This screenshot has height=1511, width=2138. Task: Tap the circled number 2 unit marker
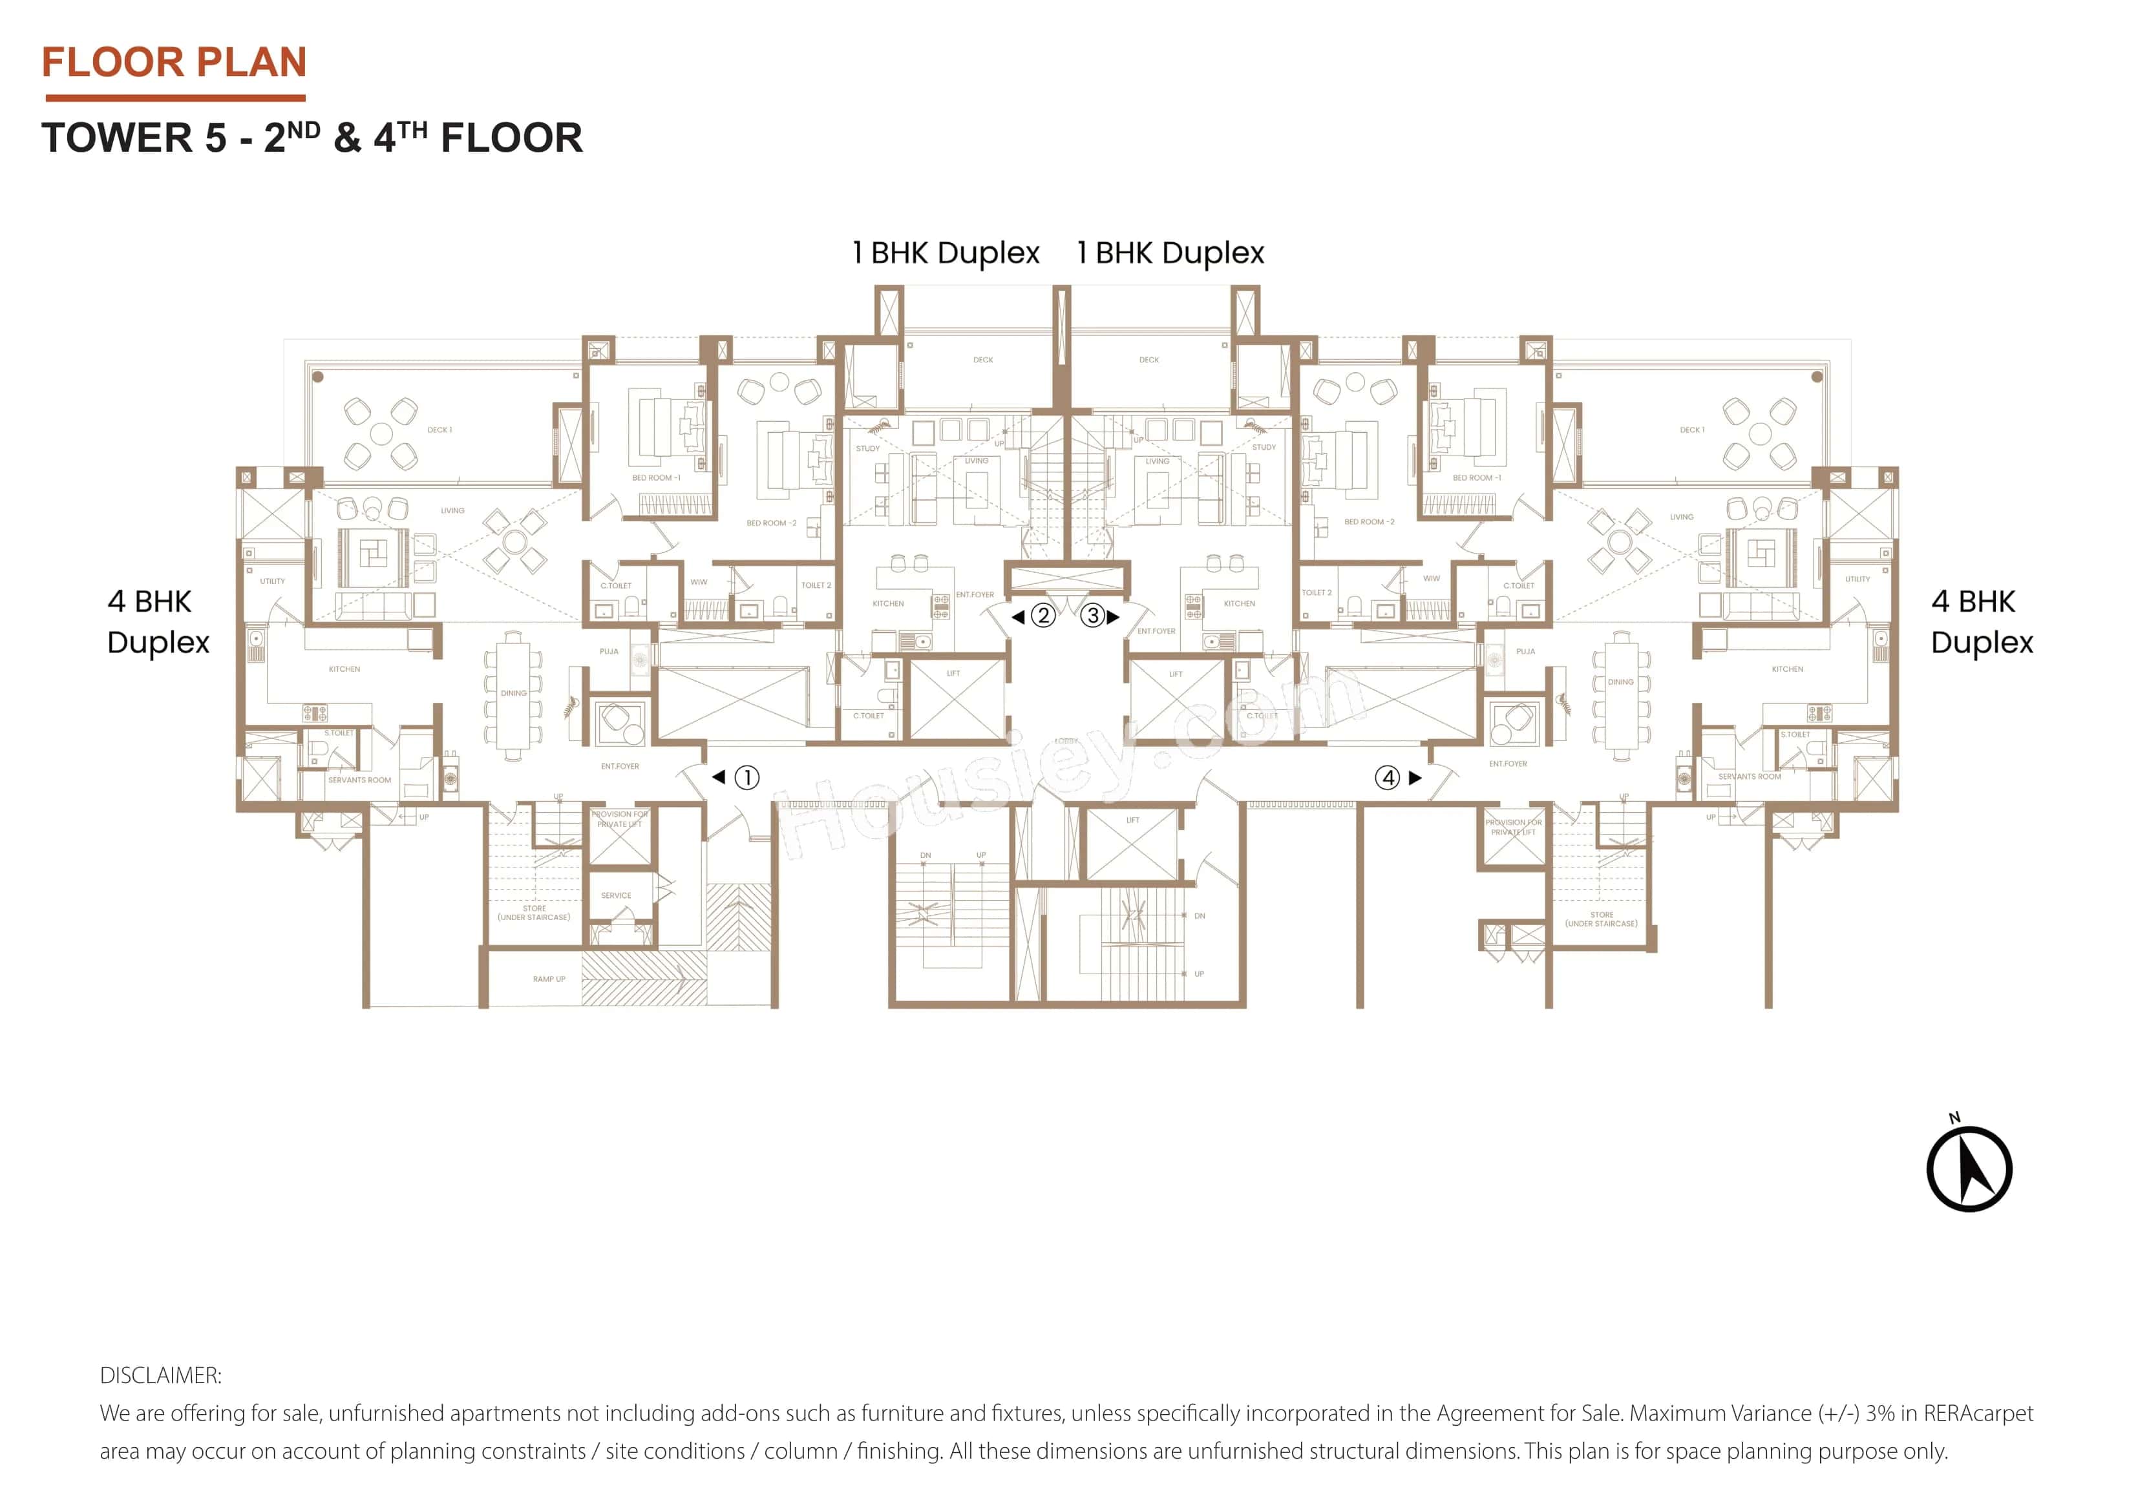click(1043, 616)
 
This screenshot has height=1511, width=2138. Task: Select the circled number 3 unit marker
click(1093, 616)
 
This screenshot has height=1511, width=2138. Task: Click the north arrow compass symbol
click(1969, 1169)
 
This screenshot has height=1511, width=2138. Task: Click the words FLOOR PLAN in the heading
click(174, 63)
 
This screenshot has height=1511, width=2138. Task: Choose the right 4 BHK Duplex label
click(1981, 622)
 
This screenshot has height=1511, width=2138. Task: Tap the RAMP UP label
click(549, 979)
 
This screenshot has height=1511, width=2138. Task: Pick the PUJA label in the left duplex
click(608, 652)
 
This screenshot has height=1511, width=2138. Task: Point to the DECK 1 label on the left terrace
click(439, 430)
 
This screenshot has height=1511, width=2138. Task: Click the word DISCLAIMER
click(160, 1375)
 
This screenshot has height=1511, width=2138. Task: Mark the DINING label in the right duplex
click(1620, 682)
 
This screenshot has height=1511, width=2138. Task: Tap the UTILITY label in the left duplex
click(272, 581)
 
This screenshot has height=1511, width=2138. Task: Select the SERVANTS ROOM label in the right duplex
click(1749, 776)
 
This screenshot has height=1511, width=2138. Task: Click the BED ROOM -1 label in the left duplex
click(655, 477)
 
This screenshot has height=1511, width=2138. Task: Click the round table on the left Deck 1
click(381, 433)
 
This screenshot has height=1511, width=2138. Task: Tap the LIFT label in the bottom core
click(1132, 820)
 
